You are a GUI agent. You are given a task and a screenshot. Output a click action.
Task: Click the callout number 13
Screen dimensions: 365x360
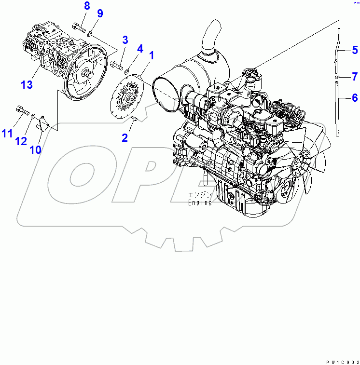tap(28, 85)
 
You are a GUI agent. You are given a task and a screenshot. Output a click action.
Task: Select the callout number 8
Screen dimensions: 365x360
tap(87, 6)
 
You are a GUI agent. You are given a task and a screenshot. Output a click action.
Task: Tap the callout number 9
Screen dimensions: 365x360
tap(100, 13)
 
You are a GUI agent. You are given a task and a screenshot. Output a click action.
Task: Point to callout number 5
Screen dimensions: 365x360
tap(354, 49)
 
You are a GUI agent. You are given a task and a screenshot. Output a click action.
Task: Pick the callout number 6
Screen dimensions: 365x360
tap(354, 98)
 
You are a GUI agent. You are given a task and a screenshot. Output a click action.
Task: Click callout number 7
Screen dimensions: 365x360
tap(354, 76)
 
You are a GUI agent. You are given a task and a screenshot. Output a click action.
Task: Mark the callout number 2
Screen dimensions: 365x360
tap(125, 138)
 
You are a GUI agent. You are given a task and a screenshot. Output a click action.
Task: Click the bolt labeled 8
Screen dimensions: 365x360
tap(79, 27)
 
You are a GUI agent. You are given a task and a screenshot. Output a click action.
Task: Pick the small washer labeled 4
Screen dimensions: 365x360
tap(127, 71)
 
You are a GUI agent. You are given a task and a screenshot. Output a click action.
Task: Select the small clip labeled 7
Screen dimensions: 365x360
tap(338, 78)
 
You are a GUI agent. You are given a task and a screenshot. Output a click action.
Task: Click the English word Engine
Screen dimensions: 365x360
tap(200, 203)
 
